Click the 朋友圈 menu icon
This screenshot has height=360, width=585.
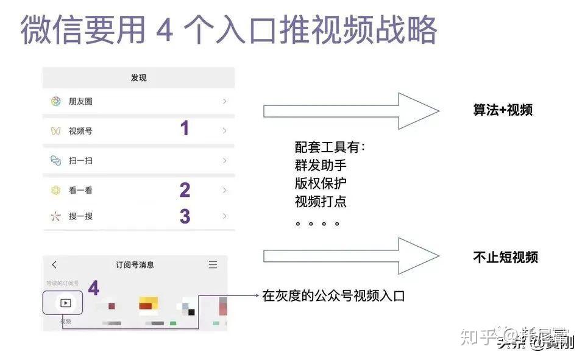click(x=55, y=102)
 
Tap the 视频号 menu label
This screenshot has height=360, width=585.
click(x=80, y=131)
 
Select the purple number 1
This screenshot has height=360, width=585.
click(x=184, y=129)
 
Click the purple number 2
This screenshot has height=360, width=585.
click(x=185, y=190)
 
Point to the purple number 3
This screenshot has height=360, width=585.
click(x=185, y=216)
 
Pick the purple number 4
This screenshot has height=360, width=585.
click(x=93, y=288)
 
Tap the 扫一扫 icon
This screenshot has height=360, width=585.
click(x=55, y=161)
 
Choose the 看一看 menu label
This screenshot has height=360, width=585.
click(x=80, y=191)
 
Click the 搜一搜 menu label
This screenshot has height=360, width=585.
click(x=80, y=216)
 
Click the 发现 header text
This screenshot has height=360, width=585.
click(x=138, y=78)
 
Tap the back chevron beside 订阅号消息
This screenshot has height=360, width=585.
click(x=54, y=264)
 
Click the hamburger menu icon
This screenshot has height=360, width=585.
click(x=213, y=264)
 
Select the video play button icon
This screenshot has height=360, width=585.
click(x=65, y=303)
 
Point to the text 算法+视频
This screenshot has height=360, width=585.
click(x=503, y=110)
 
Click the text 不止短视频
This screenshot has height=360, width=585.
click(x=505, y=257)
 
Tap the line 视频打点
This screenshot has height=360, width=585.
click(x=321, y=202)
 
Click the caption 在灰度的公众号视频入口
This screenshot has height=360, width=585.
click(x=333, y=297)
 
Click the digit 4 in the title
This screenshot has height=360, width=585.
click(x=165, y=30)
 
